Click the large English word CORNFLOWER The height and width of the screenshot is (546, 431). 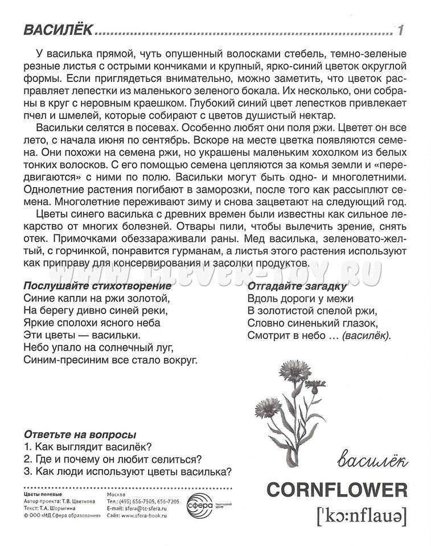(x=336, y=489)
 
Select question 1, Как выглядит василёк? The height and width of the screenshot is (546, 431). (x=91, y=446)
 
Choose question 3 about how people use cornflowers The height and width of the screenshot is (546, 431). (x=128, y=471)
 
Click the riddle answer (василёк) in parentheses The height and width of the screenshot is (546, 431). (x=367, y=336)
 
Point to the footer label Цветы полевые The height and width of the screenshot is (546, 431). (x=43, y=495)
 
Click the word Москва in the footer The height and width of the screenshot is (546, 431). (x=117, y=495)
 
